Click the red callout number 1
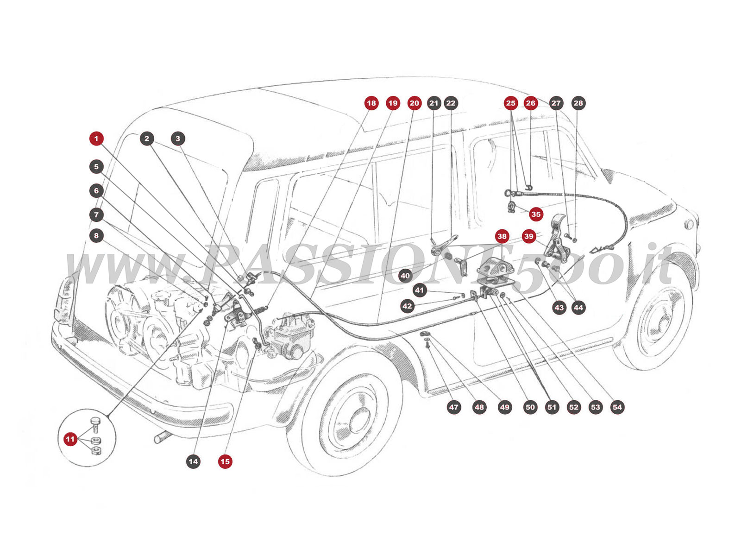[x=96, y=139]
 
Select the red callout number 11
[x=70, y=439]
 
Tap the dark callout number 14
[x=193, y=461]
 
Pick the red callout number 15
[x=225, y=461]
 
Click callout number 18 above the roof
[x=371, y=103]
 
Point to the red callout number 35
[x=536, y=214]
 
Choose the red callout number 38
[x=502, y=236]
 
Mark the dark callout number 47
[x=453, y=407]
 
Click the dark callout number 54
[x=617, y=407]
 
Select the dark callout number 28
[x=578, y=103]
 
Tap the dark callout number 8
[x=96, y=236]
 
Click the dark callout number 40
[x=405, y=276]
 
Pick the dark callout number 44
[x=578, y=307]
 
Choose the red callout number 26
[x=531, y=103]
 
